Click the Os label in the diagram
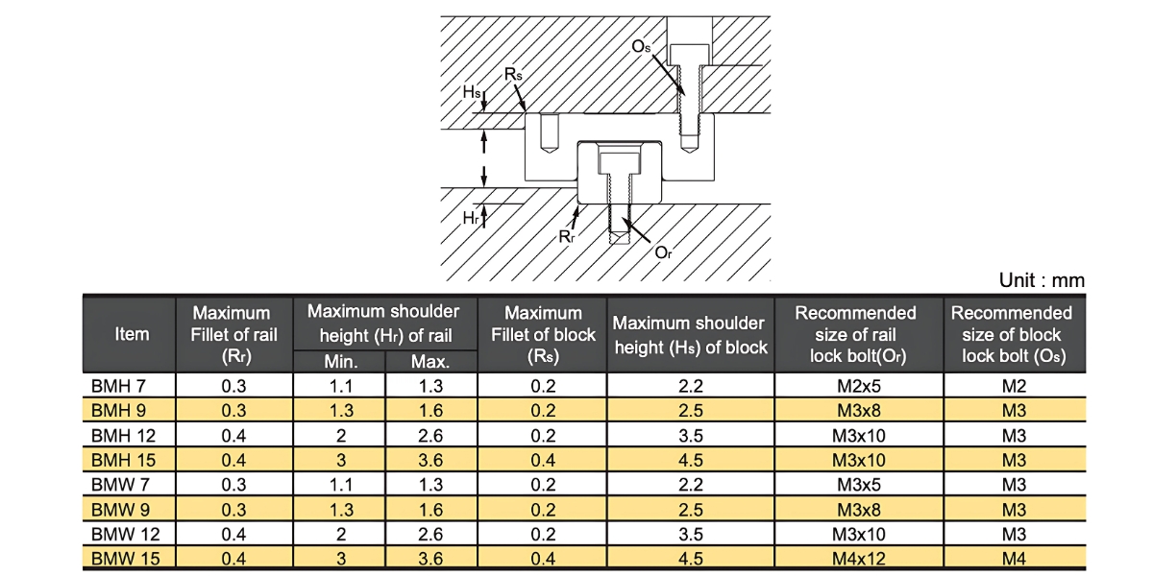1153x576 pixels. point(642,46)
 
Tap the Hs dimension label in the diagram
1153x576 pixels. point(472,92)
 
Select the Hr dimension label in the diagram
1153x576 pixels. point(471,219)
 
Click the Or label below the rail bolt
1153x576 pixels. point(663,252)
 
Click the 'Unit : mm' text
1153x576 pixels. point(1042,280)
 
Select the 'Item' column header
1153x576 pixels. point(132,334)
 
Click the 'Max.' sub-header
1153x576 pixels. point(430,363)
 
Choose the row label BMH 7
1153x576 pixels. point(118,386)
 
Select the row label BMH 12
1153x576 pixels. point(120,435)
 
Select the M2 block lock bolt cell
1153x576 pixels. point(1014,386)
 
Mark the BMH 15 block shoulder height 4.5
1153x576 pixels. point(689,460)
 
